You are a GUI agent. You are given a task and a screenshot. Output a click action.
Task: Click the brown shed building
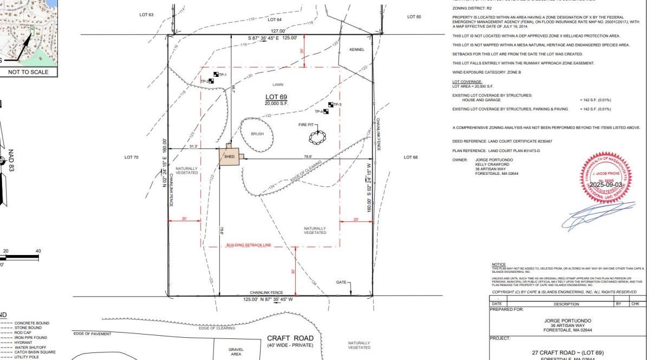pyautogui.click(x=228, y=155)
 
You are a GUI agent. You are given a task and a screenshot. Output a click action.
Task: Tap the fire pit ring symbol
pyautogui.click(x=317, y=138)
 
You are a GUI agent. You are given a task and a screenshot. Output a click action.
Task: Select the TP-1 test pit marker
pyautogui.click(x=216, y=75)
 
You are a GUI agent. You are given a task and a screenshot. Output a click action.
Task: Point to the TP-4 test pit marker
pyautogui.click(x=326, y=112)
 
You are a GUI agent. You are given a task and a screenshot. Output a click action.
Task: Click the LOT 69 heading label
pyautogui.click(x=276, y=96)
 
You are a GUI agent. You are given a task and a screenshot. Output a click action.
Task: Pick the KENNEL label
pyautogui.click(x=357, y=49)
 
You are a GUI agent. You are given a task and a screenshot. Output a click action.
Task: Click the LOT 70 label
pyautogui.click(x=132, y=157)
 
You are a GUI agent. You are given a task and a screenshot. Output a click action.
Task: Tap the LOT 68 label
pyautogui.click(x=411, y=157)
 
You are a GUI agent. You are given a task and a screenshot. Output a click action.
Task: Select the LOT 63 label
pyautogui.click(x=146, y=15)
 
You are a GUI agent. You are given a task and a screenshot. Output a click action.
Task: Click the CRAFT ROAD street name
pyautogui.click(x=290, y=338)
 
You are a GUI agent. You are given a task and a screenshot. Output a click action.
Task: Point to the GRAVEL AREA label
pyautogui.click(x=236, y=351)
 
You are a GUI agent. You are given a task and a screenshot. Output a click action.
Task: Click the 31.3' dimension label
pyautogui.click(x=193, y=146)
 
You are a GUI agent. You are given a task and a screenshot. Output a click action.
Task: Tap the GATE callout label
pyautogui.click(x=341, y=282)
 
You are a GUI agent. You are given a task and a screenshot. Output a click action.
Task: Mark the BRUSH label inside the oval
pyautogui.click(x=257, y=134)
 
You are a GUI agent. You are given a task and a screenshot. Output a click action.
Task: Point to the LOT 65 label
pyautogui.click(x=414, y=17)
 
